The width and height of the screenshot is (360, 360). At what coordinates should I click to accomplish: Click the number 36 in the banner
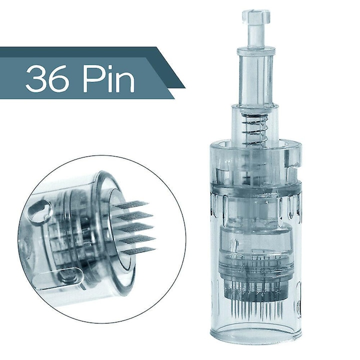[x=47, y=78]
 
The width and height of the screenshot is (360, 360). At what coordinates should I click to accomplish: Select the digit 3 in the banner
[x=35, y=78]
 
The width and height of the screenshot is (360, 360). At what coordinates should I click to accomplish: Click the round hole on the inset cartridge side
[x=40, y=212]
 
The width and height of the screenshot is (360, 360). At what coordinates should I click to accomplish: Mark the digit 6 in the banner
[x=59, y=78]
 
